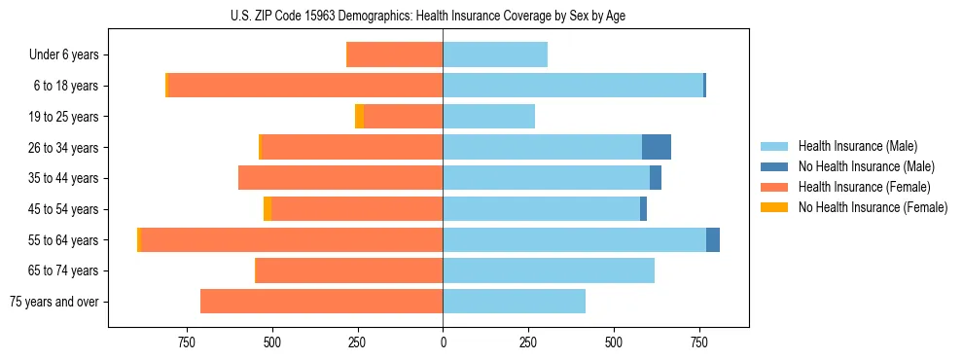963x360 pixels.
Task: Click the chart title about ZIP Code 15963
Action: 428,16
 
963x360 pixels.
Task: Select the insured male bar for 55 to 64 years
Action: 574,239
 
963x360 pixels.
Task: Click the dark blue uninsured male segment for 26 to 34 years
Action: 657,147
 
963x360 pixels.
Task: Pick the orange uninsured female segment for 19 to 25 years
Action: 359,117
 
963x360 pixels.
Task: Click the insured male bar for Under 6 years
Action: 495,54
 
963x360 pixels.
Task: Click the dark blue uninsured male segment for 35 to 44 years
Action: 656,178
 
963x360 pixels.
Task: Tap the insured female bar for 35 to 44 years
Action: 340,178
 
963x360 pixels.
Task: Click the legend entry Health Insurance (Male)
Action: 857,146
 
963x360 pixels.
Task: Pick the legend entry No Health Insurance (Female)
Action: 873,207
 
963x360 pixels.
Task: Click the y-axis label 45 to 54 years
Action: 64,209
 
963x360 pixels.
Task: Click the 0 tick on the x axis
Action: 443,342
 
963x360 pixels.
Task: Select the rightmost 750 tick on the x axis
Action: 698,342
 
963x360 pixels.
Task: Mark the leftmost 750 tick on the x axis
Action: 187,342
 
